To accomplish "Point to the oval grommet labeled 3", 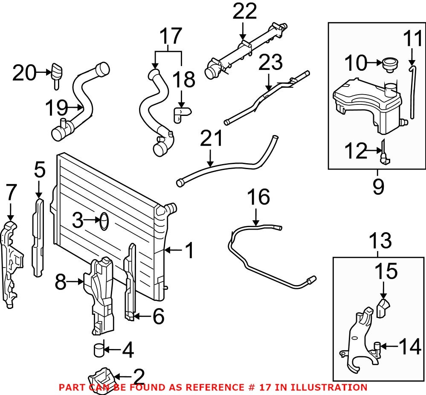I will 104,221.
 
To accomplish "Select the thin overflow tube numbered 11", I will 412,92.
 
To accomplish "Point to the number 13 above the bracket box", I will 380,241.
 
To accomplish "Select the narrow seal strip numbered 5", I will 38,236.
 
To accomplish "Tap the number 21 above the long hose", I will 212,139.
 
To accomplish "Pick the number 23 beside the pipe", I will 271,63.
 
